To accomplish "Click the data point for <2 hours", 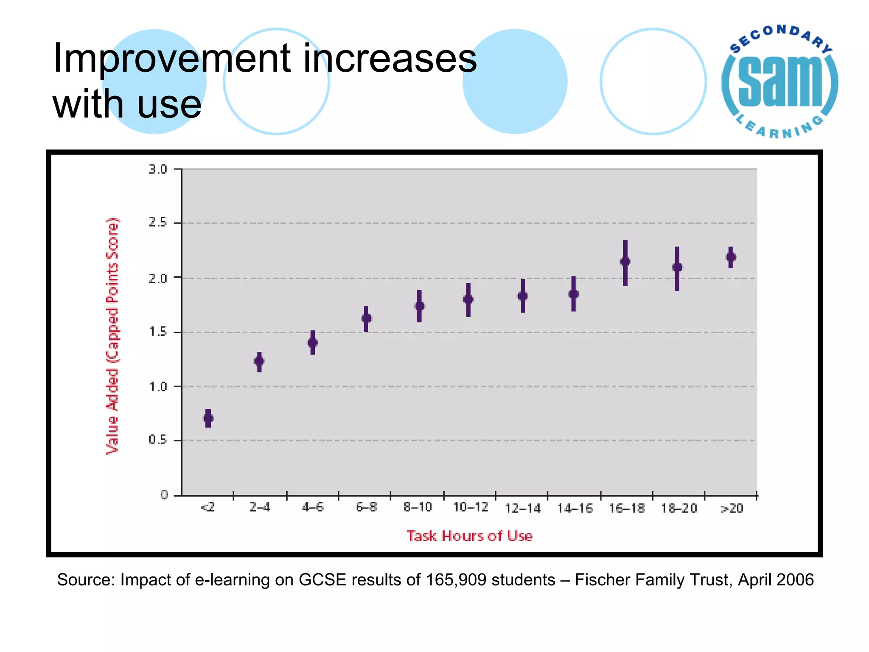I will [208, 418].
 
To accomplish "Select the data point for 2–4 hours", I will [259, 361].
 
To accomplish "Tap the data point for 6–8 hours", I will [367, 318].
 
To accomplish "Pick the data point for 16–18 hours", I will [625, 261].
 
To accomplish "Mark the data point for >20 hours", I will [731, 257].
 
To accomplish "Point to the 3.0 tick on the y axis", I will [158, 169].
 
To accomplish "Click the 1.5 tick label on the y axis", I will [158, 332].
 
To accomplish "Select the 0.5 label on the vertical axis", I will [158, 440].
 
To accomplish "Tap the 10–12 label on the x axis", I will [470, 507].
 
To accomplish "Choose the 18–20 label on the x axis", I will [679, 508].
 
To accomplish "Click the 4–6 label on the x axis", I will [313, 507].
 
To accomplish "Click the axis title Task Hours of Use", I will [469, 536].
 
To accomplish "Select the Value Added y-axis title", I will [112, 335].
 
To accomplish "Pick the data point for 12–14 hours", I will [523, 296].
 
